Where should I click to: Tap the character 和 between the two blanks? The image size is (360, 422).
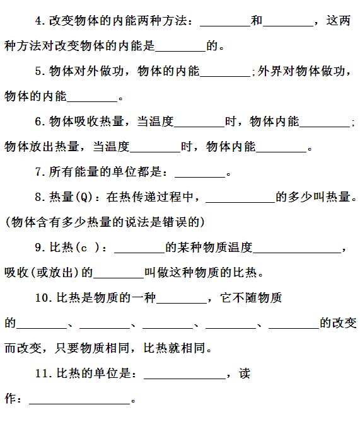pos(257,20)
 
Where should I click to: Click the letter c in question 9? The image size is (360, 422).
pos(84,248)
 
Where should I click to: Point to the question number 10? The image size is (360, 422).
pos(44,298)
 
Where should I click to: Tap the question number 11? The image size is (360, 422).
pos(44,374)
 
